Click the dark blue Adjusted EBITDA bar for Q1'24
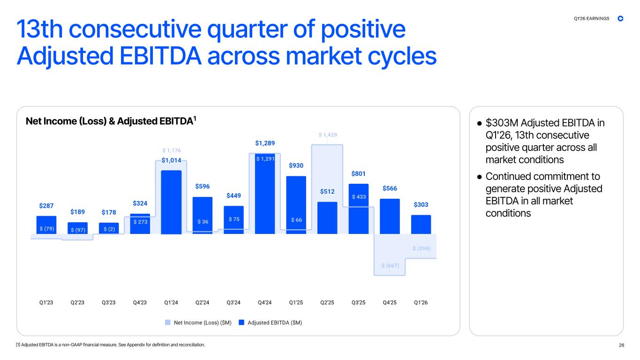coord(171,202)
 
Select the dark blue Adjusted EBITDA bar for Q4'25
coord(390,216)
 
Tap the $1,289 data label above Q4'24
coord(265,143)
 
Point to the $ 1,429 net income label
coord(328,135)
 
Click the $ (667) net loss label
coord(390,265)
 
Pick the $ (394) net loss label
coord(422,248)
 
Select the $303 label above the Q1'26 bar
coord(421,204)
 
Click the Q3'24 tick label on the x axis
coord(233,302)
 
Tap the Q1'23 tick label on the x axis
coord(46,302)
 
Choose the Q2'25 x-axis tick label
coord(327,302)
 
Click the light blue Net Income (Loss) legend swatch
coord(168,322)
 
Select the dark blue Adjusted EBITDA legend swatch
coord(241,322)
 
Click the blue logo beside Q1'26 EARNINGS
coord(620,19)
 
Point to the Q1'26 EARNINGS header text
coord(591,19)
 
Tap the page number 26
coord(621,345)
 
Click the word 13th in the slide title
coord(40,29)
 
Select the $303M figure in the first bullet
coord(502,123)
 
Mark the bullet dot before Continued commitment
coord(480,177)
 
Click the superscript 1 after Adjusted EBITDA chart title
coord(195,118)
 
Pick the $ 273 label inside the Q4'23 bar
coord(140,222)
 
